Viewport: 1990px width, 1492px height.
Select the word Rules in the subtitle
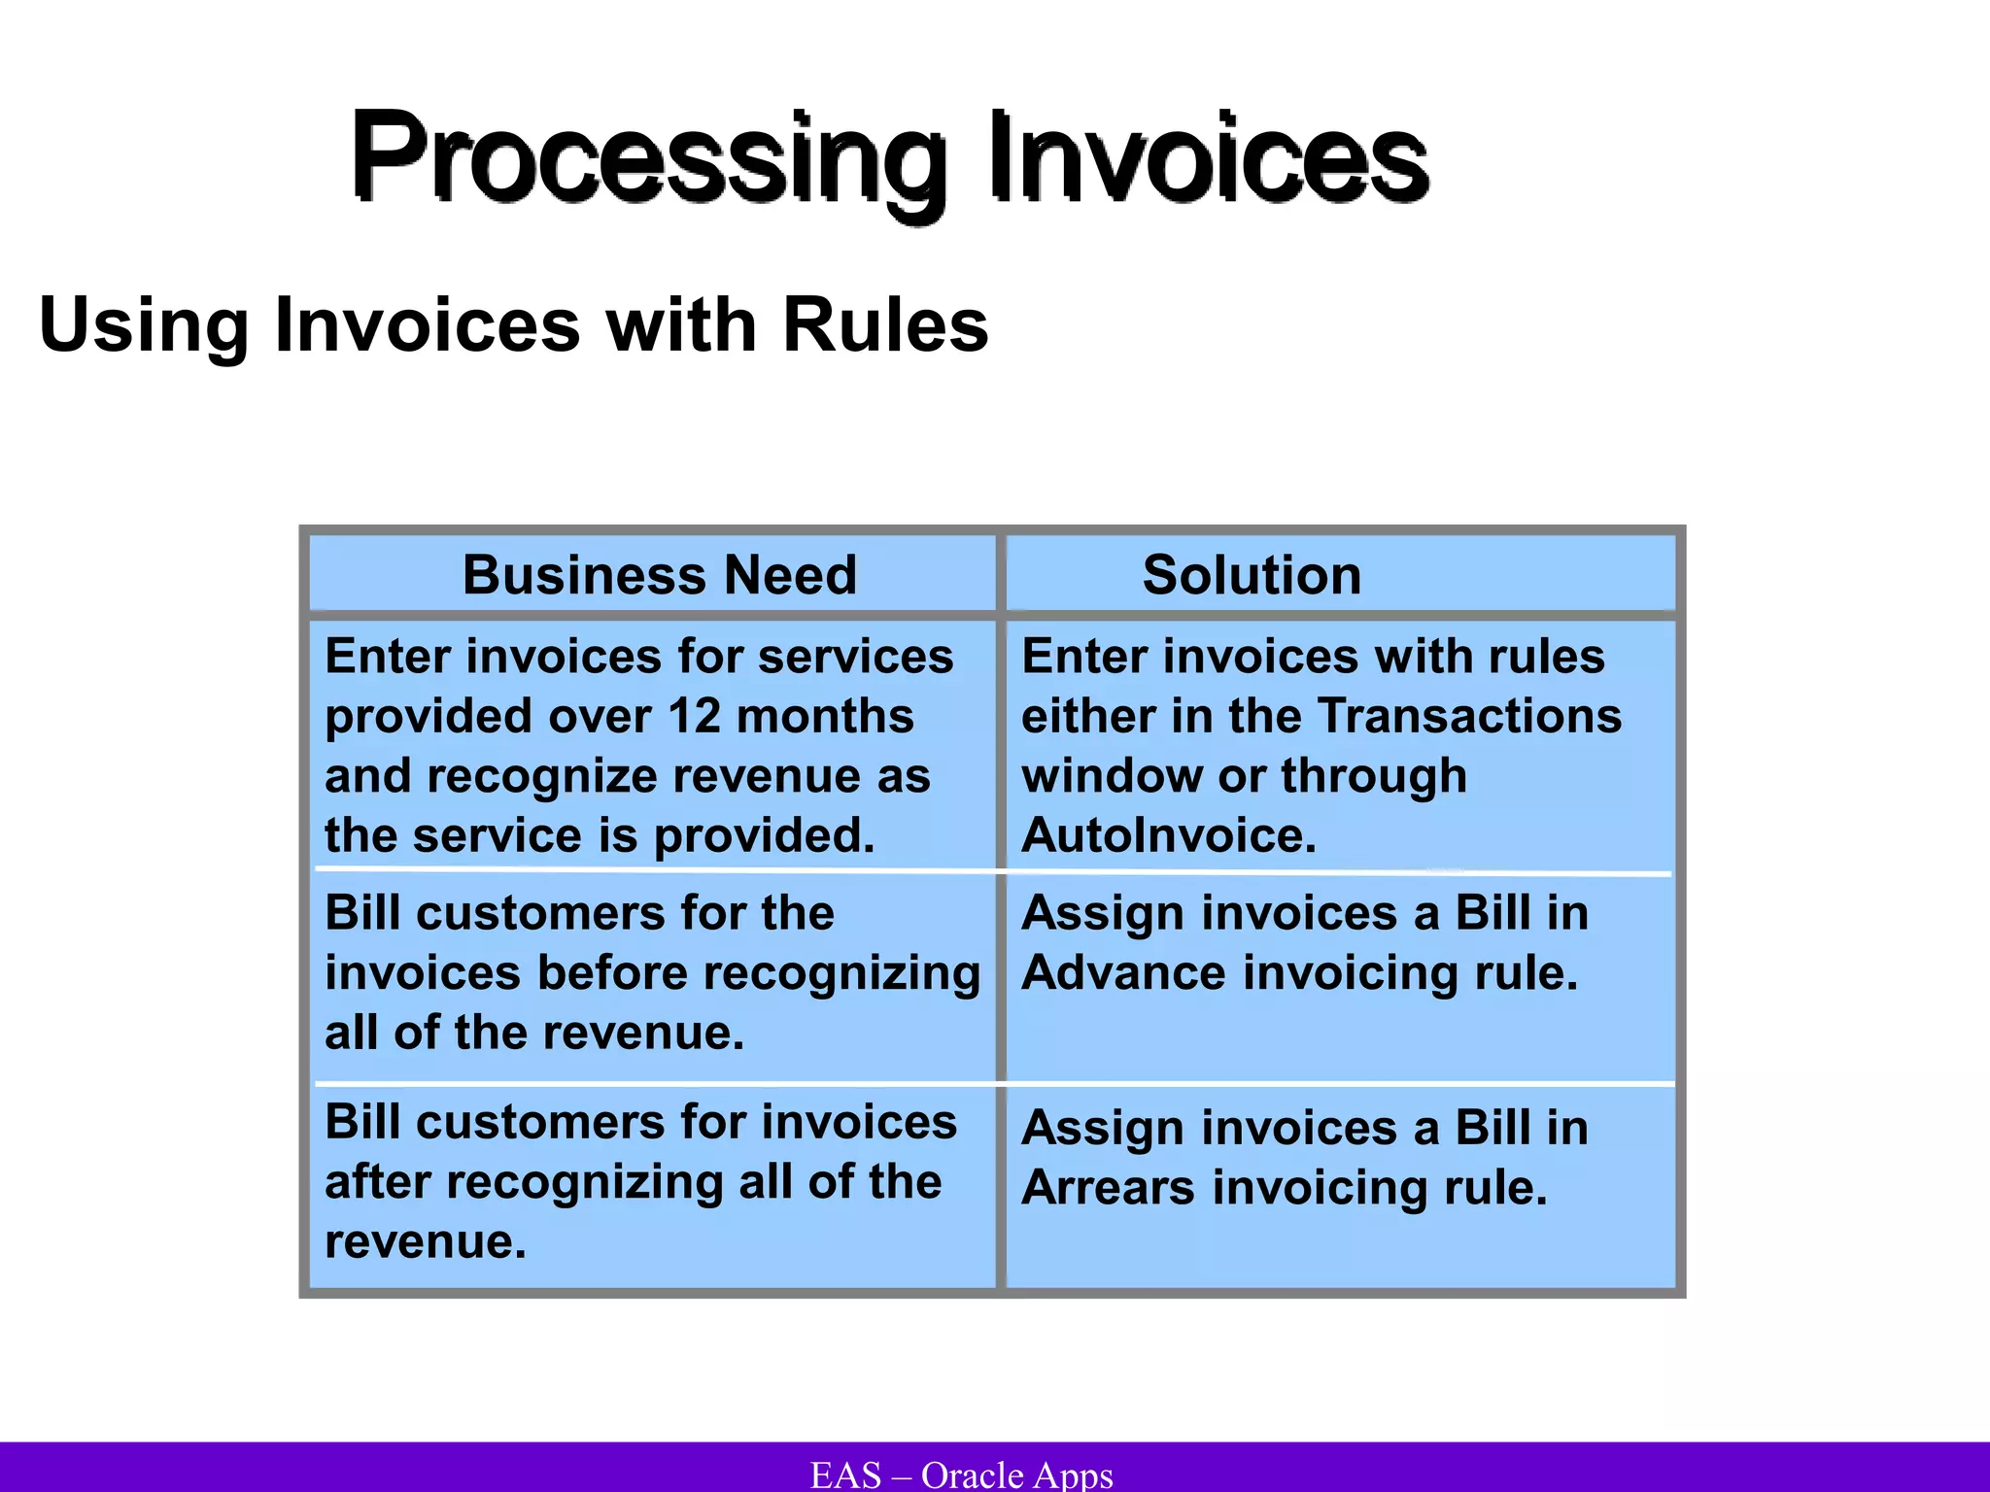[x=885, y=325]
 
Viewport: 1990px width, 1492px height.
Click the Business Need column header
[x=660, y=575]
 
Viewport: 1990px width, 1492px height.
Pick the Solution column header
[x=1252, y=575]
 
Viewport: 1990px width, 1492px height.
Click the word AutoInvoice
[x=1169, y=835]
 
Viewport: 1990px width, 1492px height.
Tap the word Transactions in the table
[x=1470, y=717]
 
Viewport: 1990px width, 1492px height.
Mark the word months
[x=825, y=717]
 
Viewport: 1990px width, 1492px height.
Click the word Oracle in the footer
[x=972, y=1475]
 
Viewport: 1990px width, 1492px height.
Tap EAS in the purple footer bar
[x=845, y=1475]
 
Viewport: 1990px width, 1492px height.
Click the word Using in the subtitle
[x=144, y=325]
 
